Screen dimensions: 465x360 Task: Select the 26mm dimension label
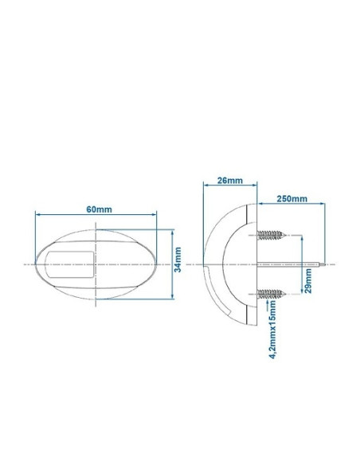(229, 181)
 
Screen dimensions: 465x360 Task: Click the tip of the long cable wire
(326, 264)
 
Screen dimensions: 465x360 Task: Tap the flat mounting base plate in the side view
(253, 264)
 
